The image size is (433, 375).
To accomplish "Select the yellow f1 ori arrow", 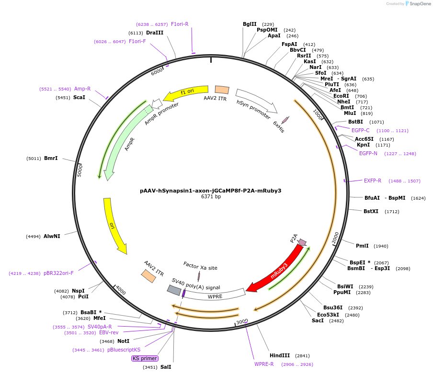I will pos(187,91).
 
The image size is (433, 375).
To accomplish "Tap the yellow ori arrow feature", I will pos(114,225).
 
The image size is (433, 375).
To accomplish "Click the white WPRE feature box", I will pos(216,295).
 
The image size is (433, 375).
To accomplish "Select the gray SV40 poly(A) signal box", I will pos(174,290).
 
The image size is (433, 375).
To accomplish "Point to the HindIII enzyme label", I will pos(280,355).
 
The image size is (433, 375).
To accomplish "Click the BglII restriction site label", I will pos(250,24).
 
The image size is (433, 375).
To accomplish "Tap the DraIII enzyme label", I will pos(155,33).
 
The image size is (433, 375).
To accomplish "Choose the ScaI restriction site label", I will pos(79,97).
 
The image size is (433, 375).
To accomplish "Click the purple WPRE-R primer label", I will pos(264,364).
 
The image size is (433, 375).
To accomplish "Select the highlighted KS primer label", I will pos(145,358).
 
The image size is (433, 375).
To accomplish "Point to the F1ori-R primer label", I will pos(180,24).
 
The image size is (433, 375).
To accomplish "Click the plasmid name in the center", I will pos(211,190).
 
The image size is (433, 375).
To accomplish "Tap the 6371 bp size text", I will pos(211,197).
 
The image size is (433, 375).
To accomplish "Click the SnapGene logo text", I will pos(418,4).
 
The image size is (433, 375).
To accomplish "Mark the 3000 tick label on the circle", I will pos(242,321).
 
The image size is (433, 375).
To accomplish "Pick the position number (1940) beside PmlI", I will pos(381,246).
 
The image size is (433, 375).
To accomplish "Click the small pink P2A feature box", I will pos(302,242).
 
